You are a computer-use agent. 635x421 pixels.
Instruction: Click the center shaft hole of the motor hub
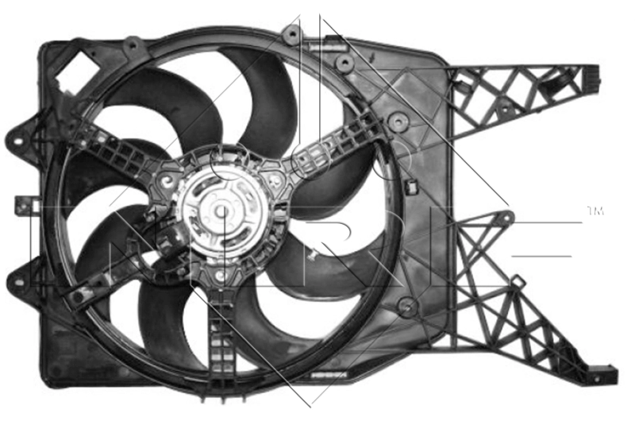click(221, 211)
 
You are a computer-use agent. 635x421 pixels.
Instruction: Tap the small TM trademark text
click(594, 211)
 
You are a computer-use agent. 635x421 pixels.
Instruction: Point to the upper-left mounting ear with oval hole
click(24, 131)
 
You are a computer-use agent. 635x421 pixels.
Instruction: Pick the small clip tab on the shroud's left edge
click(21, 205)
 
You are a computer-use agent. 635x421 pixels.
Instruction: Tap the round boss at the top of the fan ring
click(292, 34)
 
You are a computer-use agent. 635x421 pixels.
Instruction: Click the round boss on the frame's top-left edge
click(133, 44)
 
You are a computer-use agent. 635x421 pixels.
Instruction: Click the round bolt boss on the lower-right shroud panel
click(406, 304)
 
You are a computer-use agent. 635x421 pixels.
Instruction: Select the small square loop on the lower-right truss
click(518, 282)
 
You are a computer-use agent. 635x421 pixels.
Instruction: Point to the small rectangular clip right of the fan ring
click(412, 187)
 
